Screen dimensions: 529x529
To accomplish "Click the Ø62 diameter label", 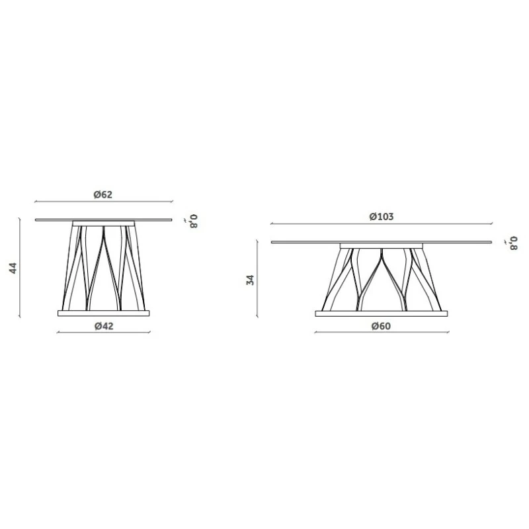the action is click(103, 194).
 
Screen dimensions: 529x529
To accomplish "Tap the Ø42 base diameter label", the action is click(104, 326).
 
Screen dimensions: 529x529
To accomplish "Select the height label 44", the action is click(13, 268).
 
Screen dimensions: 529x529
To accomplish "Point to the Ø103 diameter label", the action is click(382, 217).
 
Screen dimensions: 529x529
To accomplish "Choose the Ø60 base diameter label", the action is click(382, 326).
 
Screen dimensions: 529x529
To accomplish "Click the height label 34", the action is click(251, 280).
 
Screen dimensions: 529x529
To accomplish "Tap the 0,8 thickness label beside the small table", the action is click(193, 222).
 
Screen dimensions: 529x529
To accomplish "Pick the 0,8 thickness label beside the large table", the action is click(513, 243).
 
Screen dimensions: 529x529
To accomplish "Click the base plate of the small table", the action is click(104, 313).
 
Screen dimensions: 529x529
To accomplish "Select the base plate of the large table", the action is click(382, 313).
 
